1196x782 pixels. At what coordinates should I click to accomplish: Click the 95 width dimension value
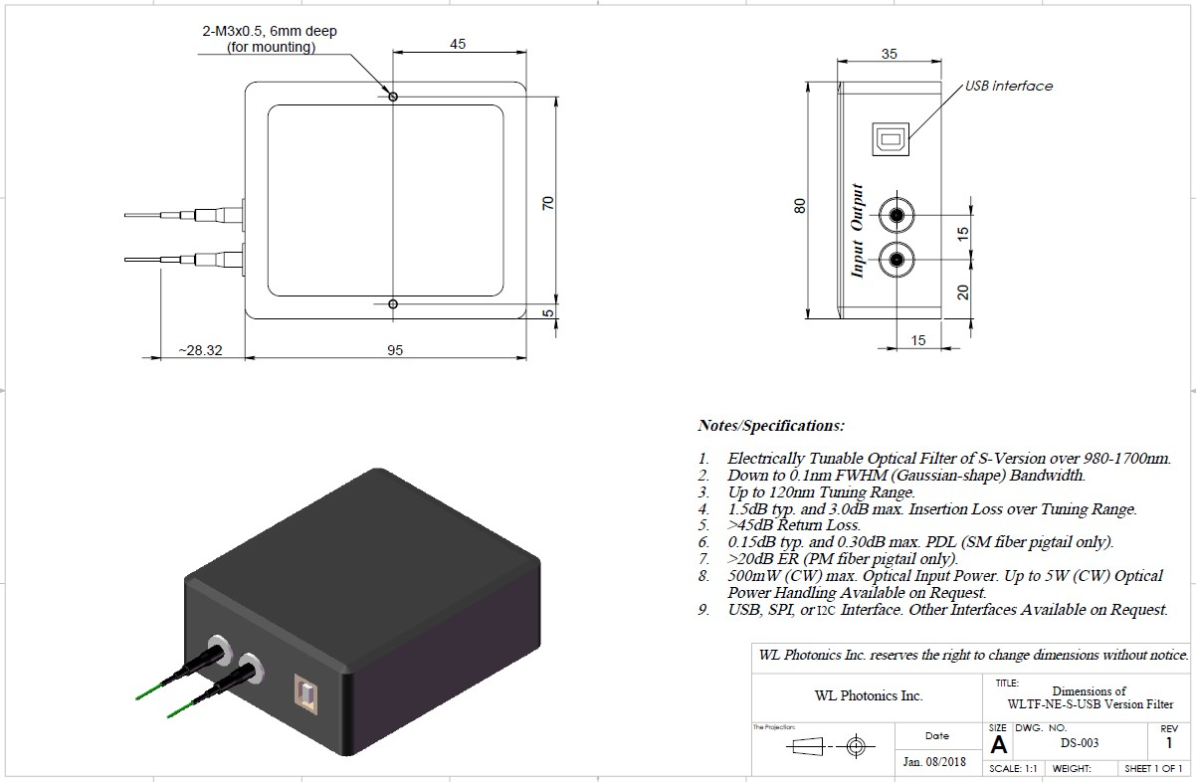395,350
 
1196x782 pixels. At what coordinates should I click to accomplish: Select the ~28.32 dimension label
201,350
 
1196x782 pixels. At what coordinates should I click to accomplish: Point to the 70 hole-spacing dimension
547,203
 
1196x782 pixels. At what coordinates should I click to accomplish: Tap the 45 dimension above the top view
459,43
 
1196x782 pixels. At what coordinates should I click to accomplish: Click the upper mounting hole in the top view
394,97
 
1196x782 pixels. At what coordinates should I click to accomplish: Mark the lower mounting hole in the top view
394,303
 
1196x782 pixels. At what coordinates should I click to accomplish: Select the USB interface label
1008,87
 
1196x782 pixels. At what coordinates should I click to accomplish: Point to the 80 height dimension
799,206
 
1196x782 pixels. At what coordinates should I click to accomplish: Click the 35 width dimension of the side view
890,54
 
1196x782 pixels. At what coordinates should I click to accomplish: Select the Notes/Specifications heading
771,426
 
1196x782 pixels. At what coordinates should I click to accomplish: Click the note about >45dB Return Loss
794,525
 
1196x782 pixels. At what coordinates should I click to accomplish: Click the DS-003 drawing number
1079,743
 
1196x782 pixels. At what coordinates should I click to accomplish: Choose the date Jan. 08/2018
937,762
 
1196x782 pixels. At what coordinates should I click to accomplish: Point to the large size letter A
998,744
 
